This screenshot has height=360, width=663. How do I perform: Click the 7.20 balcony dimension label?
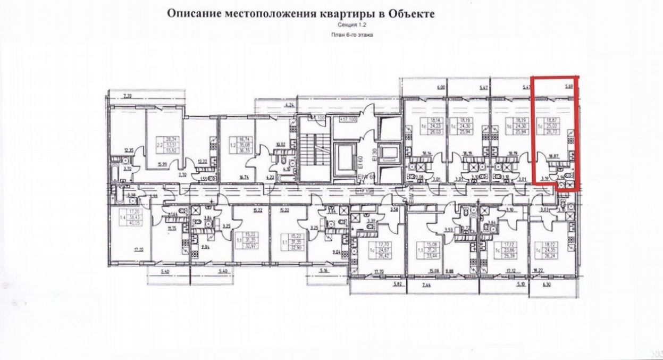click(127, 96)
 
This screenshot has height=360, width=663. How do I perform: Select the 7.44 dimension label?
click(427, 286)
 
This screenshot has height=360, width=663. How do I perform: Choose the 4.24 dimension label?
click(290, 105)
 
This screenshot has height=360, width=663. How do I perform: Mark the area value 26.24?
click(560, 254)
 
